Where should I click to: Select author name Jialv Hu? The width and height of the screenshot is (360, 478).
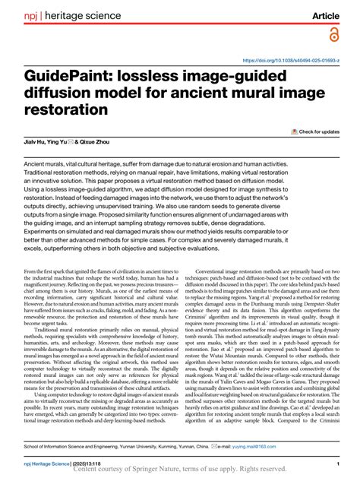point(36,142)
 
